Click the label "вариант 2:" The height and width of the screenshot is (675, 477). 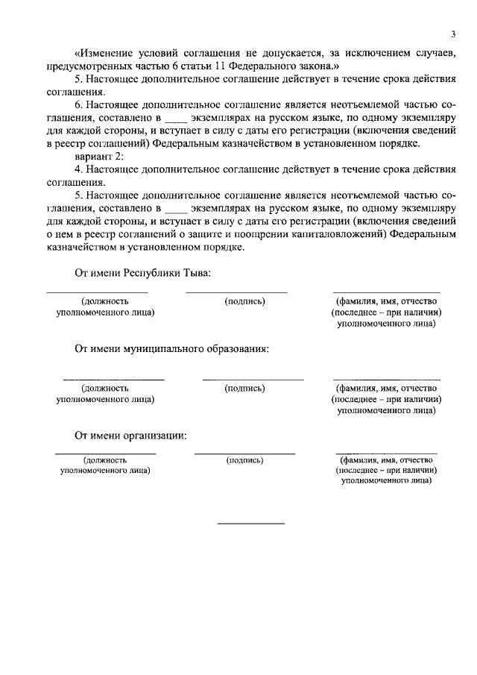[99, 156]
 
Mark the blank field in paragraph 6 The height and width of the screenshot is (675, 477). [172, 118]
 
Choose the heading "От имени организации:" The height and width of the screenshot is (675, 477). [130, 436]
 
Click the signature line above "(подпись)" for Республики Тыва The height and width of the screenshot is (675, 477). [236, 292]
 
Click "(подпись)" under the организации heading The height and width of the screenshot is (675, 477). [244, 460]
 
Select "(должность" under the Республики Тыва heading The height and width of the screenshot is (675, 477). [105, 301]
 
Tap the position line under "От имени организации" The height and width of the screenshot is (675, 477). [105, 453]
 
